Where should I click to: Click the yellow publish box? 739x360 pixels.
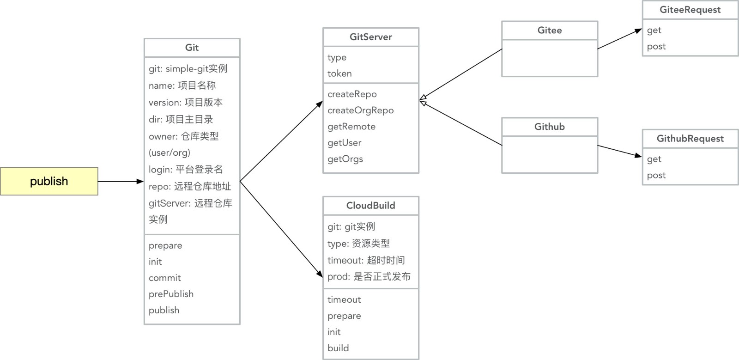[49, 181]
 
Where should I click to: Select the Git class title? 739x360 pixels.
[192, 48]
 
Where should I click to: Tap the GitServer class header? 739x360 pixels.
[370, 37]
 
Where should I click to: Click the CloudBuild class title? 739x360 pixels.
[370, 206]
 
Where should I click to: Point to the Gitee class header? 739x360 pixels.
[550, 31]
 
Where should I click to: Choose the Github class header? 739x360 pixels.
[550, 127]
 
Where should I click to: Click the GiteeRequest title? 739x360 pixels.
[690, 10]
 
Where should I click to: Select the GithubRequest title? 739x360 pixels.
[690, 139]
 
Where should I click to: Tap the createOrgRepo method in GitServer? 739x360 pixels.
[361, 110]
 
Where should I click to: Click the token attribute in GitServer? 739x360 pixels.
[339, 73]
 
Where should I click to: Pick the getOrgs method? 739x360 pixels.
[345, 159]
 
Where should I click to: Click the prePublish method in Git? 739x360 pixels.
[171, 294]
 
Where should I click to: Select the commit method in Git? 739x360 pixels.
[164, 278]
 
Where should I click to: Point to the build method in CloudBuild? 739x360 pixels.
[338, 348]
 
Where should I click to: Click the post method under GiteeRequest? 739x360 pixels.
[656, 46]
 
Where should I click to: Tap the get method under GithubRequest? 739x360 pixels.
[654, 159]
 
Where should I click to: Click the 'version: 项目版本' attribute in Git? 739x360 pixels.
[186, 103]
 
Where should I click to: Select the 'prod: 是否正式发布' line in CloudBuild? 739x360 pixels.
[369, 277]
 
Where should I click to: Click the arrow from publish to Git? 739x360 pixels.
[121, 182]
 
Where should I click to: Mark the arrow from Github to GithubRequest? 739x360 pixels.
[619, 151]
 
